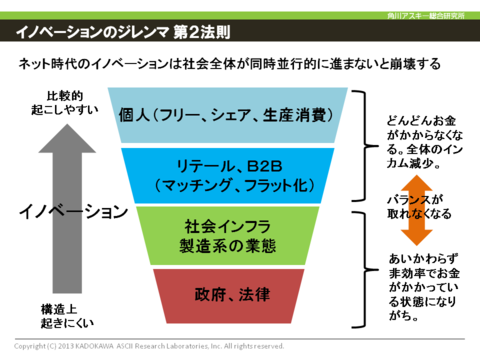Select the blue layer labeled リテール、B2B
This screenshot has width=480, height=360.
coord(239,174)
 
